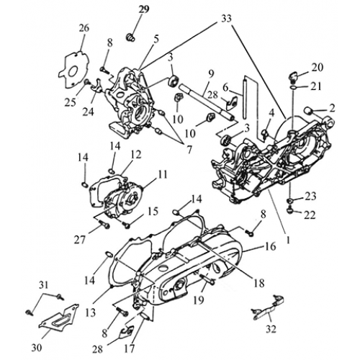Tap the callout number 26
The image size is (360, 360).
83,28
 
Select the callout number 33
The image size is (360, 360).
226,19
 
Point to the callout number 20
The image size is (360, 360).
318,68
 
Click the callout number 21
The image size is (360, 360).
315,86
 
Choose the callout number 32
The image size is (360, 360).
271,328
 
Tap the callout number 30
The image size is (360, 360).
37,347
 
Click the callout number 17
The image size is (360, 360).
129,348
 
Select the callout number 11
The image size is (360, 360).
161,175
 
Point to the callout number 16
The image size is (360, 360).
270,246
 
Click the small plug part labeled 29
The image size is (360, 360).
130,37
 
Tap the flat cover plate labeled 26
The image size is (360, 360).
73,70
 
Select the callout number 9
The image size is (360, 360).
211,74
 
